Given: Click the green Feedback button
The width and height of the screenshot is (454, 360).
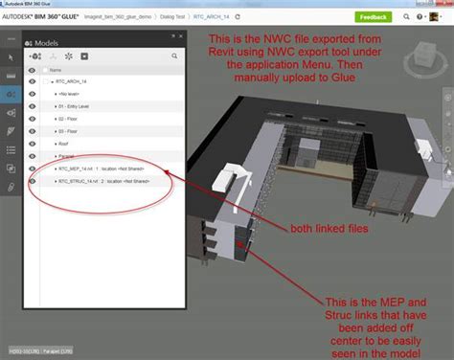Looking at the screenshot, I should coord(373,17).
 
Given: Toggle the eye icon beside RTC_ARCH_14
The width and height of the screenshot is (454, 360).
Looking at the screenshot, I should coord(34,83).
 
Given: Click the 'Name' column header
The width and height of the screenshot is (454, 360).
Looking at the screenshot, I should coord(56,70).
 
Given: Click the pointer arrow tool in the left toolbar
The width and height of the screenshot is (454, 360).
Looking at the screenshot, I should coord(10,57).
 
